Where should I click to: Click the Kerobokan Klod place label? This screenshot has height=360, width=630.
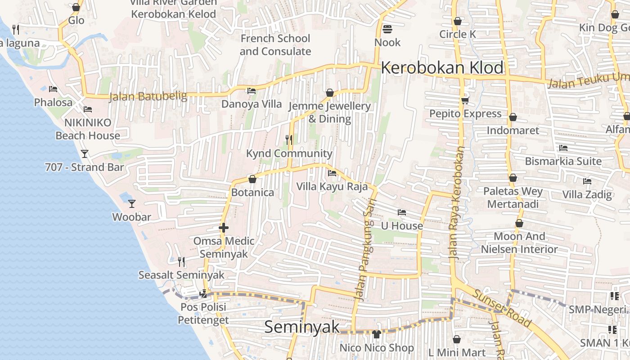[x=442, y=68]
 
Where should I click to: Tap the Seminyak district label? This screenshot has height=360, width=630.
[x=301, y=327]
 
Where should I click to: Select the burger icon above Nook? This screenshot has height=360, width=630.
[x=387, y=30]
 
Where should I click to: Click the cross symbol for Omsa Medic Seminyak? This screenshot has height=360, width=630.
[x=224, y=228]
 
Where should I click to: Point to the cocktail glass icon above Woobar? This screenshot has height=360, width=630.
[x=131, y=204]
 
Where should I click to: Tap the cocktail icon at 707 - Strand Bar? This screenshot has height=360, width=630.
[x=84, y=154]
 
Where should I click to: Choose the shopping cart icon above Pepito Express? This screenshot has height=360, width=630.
[x=465, y=100]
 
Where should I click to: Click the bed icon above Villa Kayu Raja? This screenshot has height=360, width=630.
[x=332, y=173]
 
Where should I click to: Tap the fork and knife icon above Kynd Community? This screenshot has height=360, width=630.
[x=289, y=140]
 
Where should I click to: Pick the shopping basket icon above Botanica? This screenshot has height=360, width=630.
[x=252, y=179]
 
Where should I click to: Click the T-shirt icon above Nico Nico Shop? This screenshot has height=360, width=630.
[x=377, y=334]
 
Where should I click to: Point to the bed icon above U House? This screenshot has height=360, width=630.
[x=402, y=212]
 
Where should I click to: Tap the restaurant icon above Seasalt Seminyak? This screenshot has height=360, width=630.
[x=181, y=261]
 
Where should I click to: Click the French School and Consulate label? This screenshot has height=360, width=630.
[x=275, y=45]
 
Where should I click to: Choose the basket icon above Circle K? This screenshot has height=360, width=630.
[x=458, y=21]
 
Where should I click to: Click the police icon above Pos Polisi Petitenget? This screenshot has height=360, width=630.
[x=203, y=294]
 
